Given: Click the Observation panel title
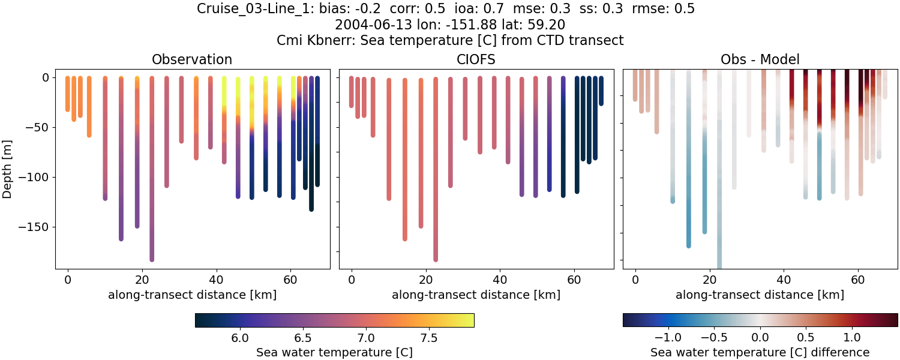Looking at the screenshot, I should tap(192, 59).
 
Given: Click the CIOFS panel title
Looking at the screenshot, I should tap(476, 59).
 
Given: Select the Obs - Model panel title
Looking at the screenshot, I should tap(760, 59).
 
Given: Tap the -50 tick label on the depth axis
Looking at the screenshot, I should tap(38, 127).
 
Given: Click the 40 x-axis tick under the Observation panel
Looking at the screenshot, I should tap(216, 279).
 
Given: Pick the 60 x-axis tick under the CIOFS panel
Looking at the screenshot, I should tap(574, 279).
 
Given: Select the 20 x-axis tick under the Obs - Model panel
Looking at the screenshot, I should tap(710, 279).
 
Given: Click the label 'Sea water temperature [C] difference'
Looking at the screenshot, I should tap(760, 352).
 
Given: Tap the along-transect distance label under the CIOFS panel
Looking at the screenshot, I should tap(476, 295).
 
